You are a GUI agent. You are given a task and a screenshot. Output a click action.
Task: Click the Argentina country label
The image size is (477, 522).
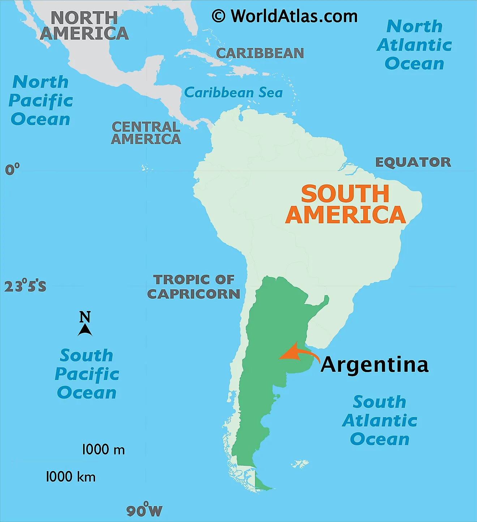click(374, 364)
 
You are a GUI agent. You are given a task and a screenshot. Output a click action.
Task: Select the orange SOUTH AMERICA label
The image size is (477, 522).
click(345, 204)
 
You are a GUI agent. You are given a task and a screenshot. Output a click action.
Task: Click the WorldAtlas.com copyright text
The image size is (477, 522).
click(284, 16)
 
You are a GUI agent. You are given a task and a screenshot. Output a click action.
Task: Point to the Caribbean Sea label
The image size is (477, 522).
click(233, 93)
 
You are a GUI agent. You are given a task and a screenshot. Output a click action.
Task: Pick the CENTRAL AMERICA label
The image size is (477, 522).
click(146, 133)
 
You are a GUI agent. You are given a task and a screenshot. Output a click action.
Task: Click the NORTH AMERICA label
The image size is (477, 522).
click(84, 26)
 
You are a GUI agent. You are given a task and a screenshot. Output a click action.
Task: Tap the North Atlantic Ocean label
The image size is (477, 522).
click(414, 45)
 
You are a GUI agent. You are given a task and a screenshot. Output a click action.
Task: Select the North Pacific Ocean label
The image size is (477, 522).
click(40, 100)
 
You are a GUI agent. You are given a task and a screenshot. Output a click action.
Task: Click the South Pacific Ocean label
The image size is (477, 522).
click(87, 374)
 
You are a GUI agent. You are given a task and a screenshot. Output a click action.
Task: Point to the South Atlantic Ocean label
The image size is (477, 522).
click(379, 420)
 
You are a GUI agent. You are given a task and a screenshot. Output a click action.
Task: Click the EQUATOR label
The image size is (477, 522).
click(413, 162)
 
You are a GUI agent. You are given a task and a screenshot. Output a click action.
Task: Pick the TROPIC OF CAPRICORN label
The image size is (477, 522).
click(194, 287)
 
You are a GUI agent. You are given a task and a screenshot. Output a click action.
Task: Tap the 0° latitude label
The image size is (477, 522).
click(12, 169)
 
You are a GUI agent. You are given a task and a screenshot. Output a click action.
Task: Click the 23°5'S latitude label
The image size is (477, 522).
click(25, 286)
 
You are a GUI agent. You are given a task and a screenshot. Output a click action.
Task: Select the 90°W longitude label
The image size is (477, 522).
click(144, 510)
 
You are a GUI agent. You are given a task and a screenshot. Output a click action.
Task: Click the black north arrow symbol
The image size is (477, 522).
click(85, 329)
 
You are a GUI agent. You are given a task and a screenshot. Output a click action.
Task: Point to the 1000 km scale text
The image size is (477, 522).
click(70, 477)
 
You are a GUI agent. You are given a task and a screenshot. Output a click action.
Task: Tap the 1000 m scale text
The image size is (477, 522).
click(103, 450)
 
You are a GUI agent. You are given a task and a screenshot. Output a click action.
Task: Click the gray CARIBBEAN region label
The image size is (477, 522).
click(260, 53)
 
